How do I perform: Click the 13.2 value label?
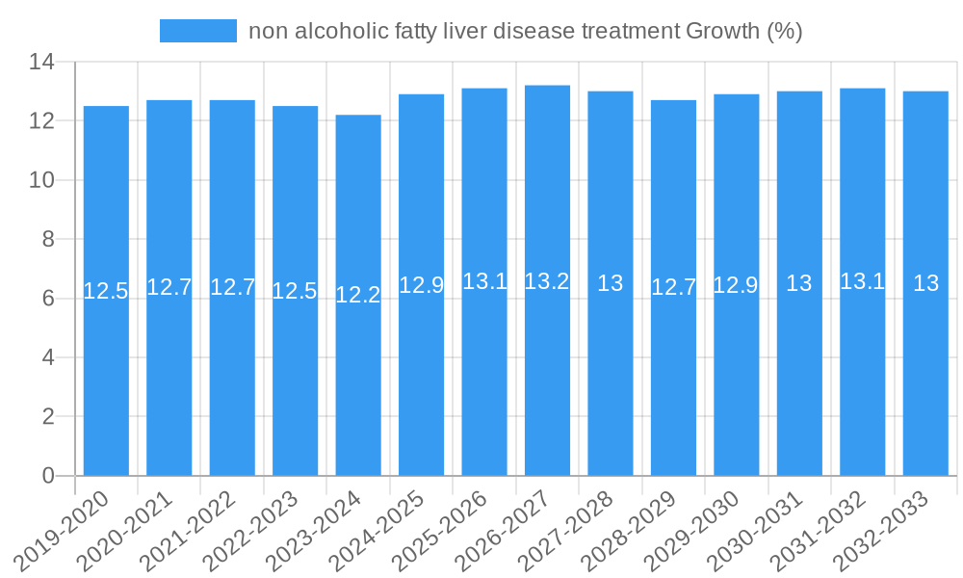[547, 281]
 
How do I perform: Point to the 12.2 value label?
[358, 295]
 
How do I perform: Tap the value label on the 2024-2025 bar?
[421, 285]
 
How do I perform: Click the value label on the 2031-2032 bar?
[862, 281]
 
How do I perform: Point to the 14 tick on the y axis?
[42, 63]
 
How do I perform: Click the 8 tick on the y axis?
[48, 239]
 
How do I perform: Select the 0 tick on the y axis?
[48, 476]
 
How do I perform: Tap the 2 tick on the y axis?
[48, 416]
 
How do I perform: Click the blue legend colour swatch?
[197, 31]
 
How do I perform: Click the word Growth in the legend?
[722, 31]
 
